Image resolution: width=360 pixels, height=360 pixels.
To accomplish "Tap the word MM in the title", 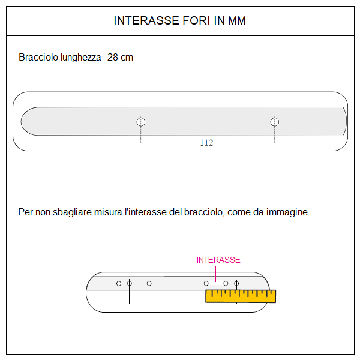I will click(236, 21).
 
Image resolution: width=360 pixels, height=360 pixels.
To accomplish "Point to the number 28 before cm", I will click(113, 58).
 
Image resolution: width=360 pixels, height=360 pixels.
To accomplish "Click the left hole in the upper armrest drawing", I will click(141, 122).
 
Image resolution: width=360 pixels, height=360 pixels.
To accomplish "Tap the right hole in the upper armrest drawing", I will click(275, 122).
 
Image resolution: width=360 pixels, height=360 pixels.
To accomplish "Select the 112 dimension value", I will click(206, 143).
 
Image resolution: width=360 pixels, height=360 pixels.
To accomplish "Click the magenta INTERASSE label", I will click(218, 260).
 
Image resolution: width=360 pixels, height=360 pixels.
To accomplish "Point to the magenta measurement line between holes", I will click(216, 287).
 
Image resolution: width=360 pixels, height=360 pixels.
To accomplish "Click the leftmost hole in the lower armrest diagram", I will click(119, 283).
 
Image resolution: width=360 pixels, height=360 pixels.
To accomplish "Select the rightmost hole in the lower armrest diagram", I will click(236, 283).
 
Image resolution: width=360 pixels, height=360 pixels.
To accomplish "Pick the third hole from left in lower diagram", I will click(149, 283).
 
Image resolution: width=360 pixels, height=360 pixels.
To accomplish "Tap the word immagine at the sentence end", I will click(287, 212).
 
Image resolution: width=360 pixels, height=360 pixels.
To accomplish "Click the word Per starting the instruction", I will click(25, 212).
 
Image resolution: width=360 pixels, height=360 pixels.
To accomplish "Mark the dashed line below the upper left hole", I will click(141, 135).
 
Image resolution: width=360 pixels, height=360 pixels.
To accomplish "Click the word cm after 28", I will click(127, 58).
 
